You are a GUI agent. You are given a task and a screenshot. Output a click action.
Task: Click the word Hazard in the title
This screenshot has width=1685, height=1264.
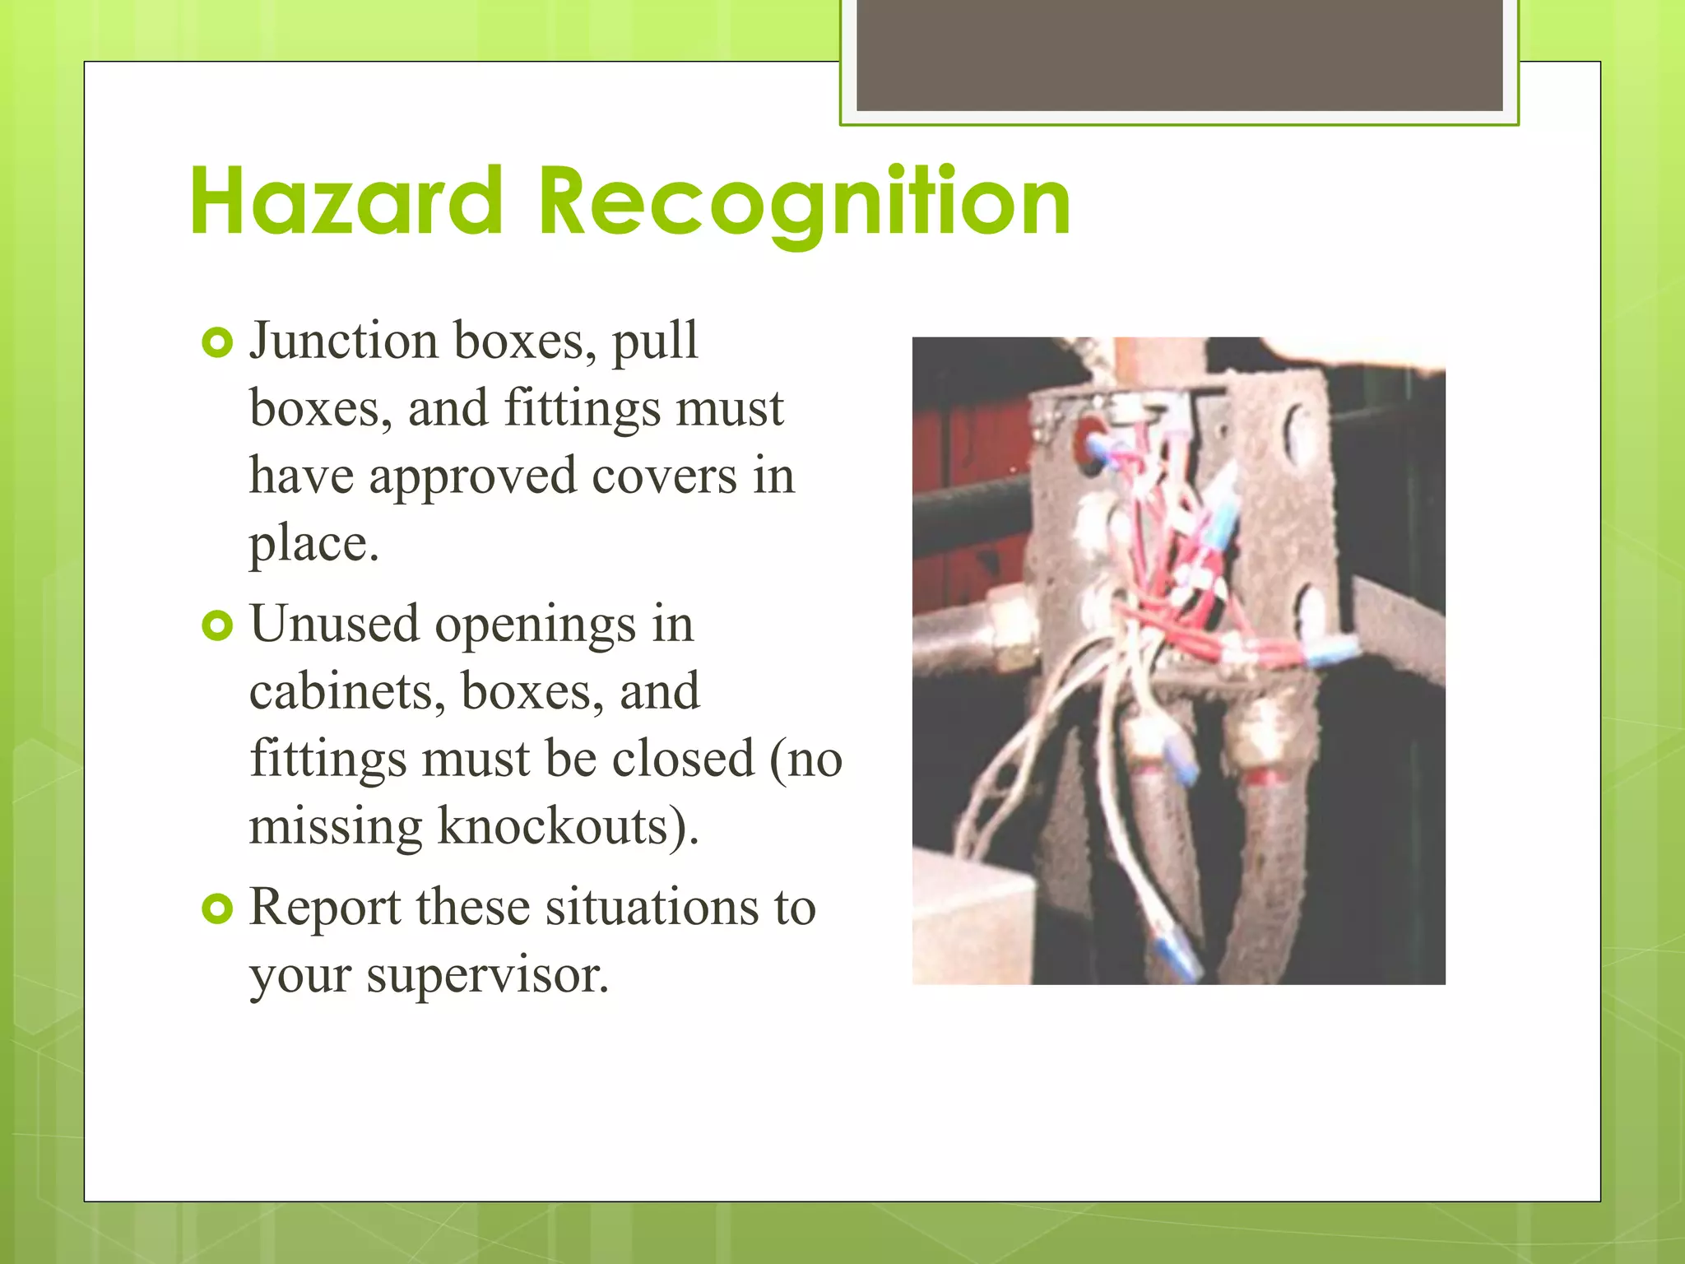coord(346,202)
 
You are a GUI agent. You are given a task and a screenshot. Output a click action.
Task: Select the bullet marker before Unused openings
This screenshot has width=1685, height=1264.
coord(217,626)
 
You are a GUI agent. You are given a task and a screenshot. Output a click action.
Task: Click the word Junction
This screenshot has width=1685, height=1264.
coord(343,341)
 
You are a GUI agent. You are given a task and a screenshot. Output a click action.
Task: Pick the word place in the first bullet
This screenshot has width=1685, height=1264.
coord(313,545)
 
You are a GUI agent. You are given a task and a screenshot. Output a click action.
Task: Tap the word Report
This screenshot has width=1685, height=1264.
coord(325,908)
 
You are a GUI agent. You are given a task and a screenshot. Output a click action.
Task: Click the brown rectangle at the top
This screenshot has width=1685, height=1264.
coord(1179,54)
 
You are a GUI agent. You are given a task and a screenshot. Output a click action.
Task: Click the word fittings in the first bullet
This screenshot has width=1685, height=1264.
coord(582,408)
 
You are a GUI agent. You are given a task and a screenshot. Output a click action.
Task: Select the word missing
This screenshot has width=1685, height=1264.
coord(336,827)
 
